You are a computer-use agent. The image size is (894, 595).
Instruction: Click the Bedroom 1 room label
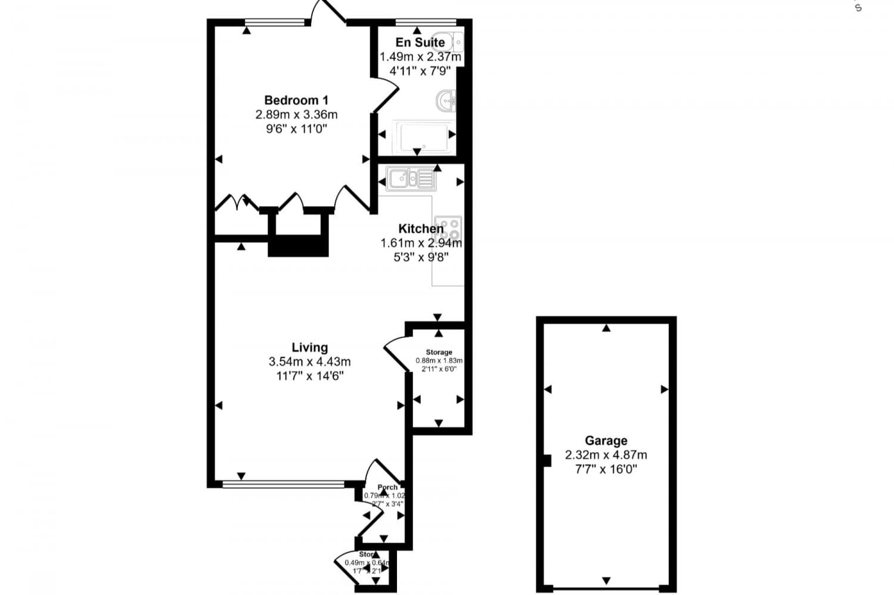click(x=296, y=100)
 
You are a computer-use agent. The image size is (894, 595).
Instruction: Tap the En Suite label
click(x=420, y=42)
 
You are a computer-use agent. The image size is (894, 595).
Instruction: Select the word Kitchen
click(x=421, y=229)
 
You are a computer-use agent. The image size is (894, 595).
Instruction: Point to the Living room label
click(x=309, y=347)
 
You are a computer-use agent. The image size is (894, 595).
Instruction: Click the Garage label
click(x=606, y=441)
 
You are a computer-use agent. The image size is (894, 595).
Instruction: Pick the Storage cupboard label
click(x=439, y=352)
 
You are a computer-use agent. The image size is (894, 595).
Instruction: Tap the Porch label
click(x=387, y=488)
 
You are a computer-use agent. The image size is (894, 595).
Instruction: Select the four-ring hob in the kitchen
click(x=448, y=228)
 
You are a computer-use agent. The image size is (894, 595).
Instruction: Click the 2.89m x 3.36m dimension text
click(x=296, y=114)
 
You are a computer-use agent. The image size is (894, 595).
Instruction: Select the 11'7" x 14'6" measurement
click(x=309, y=376)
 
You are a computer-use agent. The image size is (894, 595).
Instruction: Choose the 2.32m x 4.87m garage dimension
click(x=606, y=455)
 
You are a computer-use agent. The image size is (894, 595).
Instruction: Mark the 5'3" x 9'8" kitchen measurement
click(x=421, y=257)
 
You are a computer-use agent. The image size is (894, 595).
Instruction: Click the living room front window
click(x=283, y=484)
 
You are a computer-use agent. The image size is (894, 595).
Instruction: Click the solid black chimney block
click(x=298, y=245)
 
